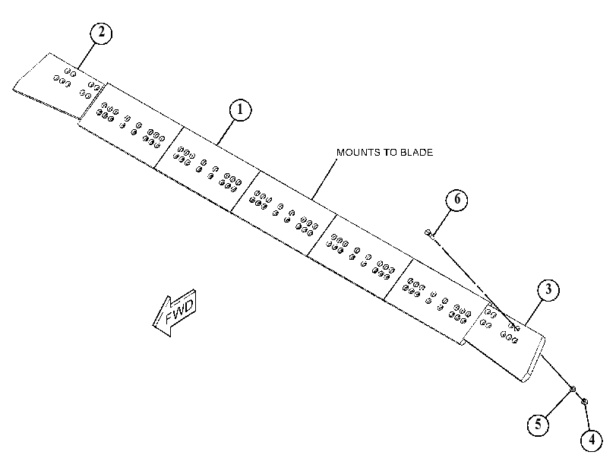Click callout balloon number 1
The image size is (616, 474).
click(x=240, y=110)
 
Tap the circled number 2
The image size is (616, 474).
click(x=101, y=33)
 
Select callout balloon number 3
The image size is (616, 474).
click(x=548, y=290)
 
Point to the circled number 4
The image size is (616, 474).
click(x=592, y=440)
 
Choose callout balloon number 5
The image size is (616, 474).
click(x=539, y=425)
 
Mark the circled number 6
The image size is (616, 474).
click(x=457, y=200)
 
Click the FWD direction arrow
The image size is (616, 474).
click(x=174, y=313)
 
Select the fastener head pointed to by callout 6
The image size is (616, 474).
click(x=428, y=232)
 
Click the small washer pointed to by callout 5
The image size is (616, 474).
click(x=573, y=389)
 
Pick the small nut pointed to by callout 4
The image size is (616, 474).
click(x=584, y=402)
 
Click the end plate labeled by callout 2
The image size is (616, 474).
click(x=59, y=84)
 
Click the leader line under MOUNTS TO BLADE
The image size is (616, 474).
click(x=325, y=179)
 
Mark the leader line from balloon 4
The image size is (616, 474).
click(x=587, y=416)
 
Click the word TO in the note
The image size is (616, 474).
click(x=387, y=153)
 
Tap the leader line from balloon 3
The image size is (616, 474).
click(x=533, y=312)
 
